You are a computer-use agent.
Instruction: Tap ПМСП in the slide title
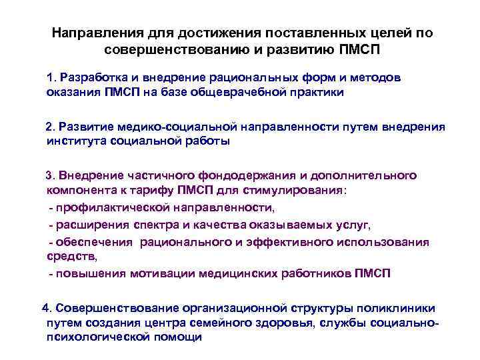click(359, 50)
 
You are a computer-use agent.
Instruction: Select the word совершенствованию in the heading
click(166, 50)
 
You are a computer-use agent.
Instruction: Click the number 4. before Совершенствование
click(47, 308)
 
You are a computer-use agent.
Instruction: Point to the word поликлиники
click(397, 308)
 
